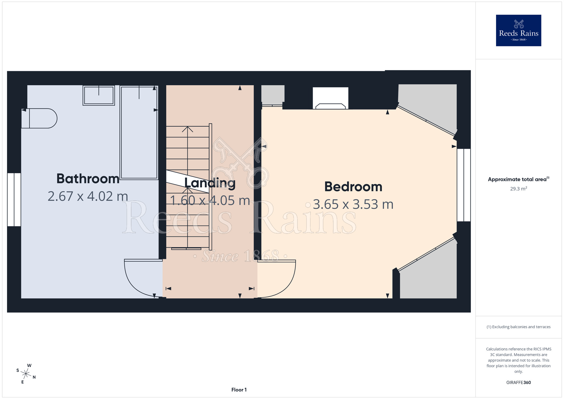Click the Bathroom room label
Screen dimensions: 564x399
coord(88,179)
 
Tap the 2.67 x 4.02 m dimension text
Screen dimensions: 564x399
coord(88,196)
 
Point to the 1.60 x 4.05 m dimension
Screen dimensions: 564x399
coord(210,201)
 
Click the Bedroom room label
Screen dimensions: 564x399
coord(353,187)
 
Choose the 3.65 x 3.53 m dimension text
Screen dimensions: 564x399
coord(353,204)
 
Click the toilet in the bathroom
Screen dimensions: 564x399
coord(39,118)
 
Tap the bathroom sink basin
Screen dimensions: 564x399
coord(99,95)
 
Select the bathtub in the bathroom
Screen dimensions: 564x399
coord(139,132)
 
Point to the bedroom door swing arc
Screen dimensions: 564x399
coord(288,285)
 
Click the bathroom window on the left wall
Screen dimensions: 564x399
coord(14,199)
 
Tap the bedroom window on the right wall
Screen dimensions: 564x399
coord(464,185)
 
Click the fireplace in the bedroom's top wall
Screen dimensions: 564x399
coord(331,98)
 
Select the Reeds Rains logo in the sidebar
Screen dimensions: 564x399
coord(519,30)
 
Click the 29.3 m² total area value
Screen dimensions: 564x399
coord(519,188)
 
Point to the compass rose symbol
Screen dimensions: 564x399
coord(26,374)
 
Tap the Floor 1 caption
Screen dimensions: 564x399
coord(239,390)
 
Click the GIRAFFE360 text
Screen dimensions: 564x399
coord(519,383)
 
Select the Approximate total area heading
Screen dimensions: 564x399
coord(519,179)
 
